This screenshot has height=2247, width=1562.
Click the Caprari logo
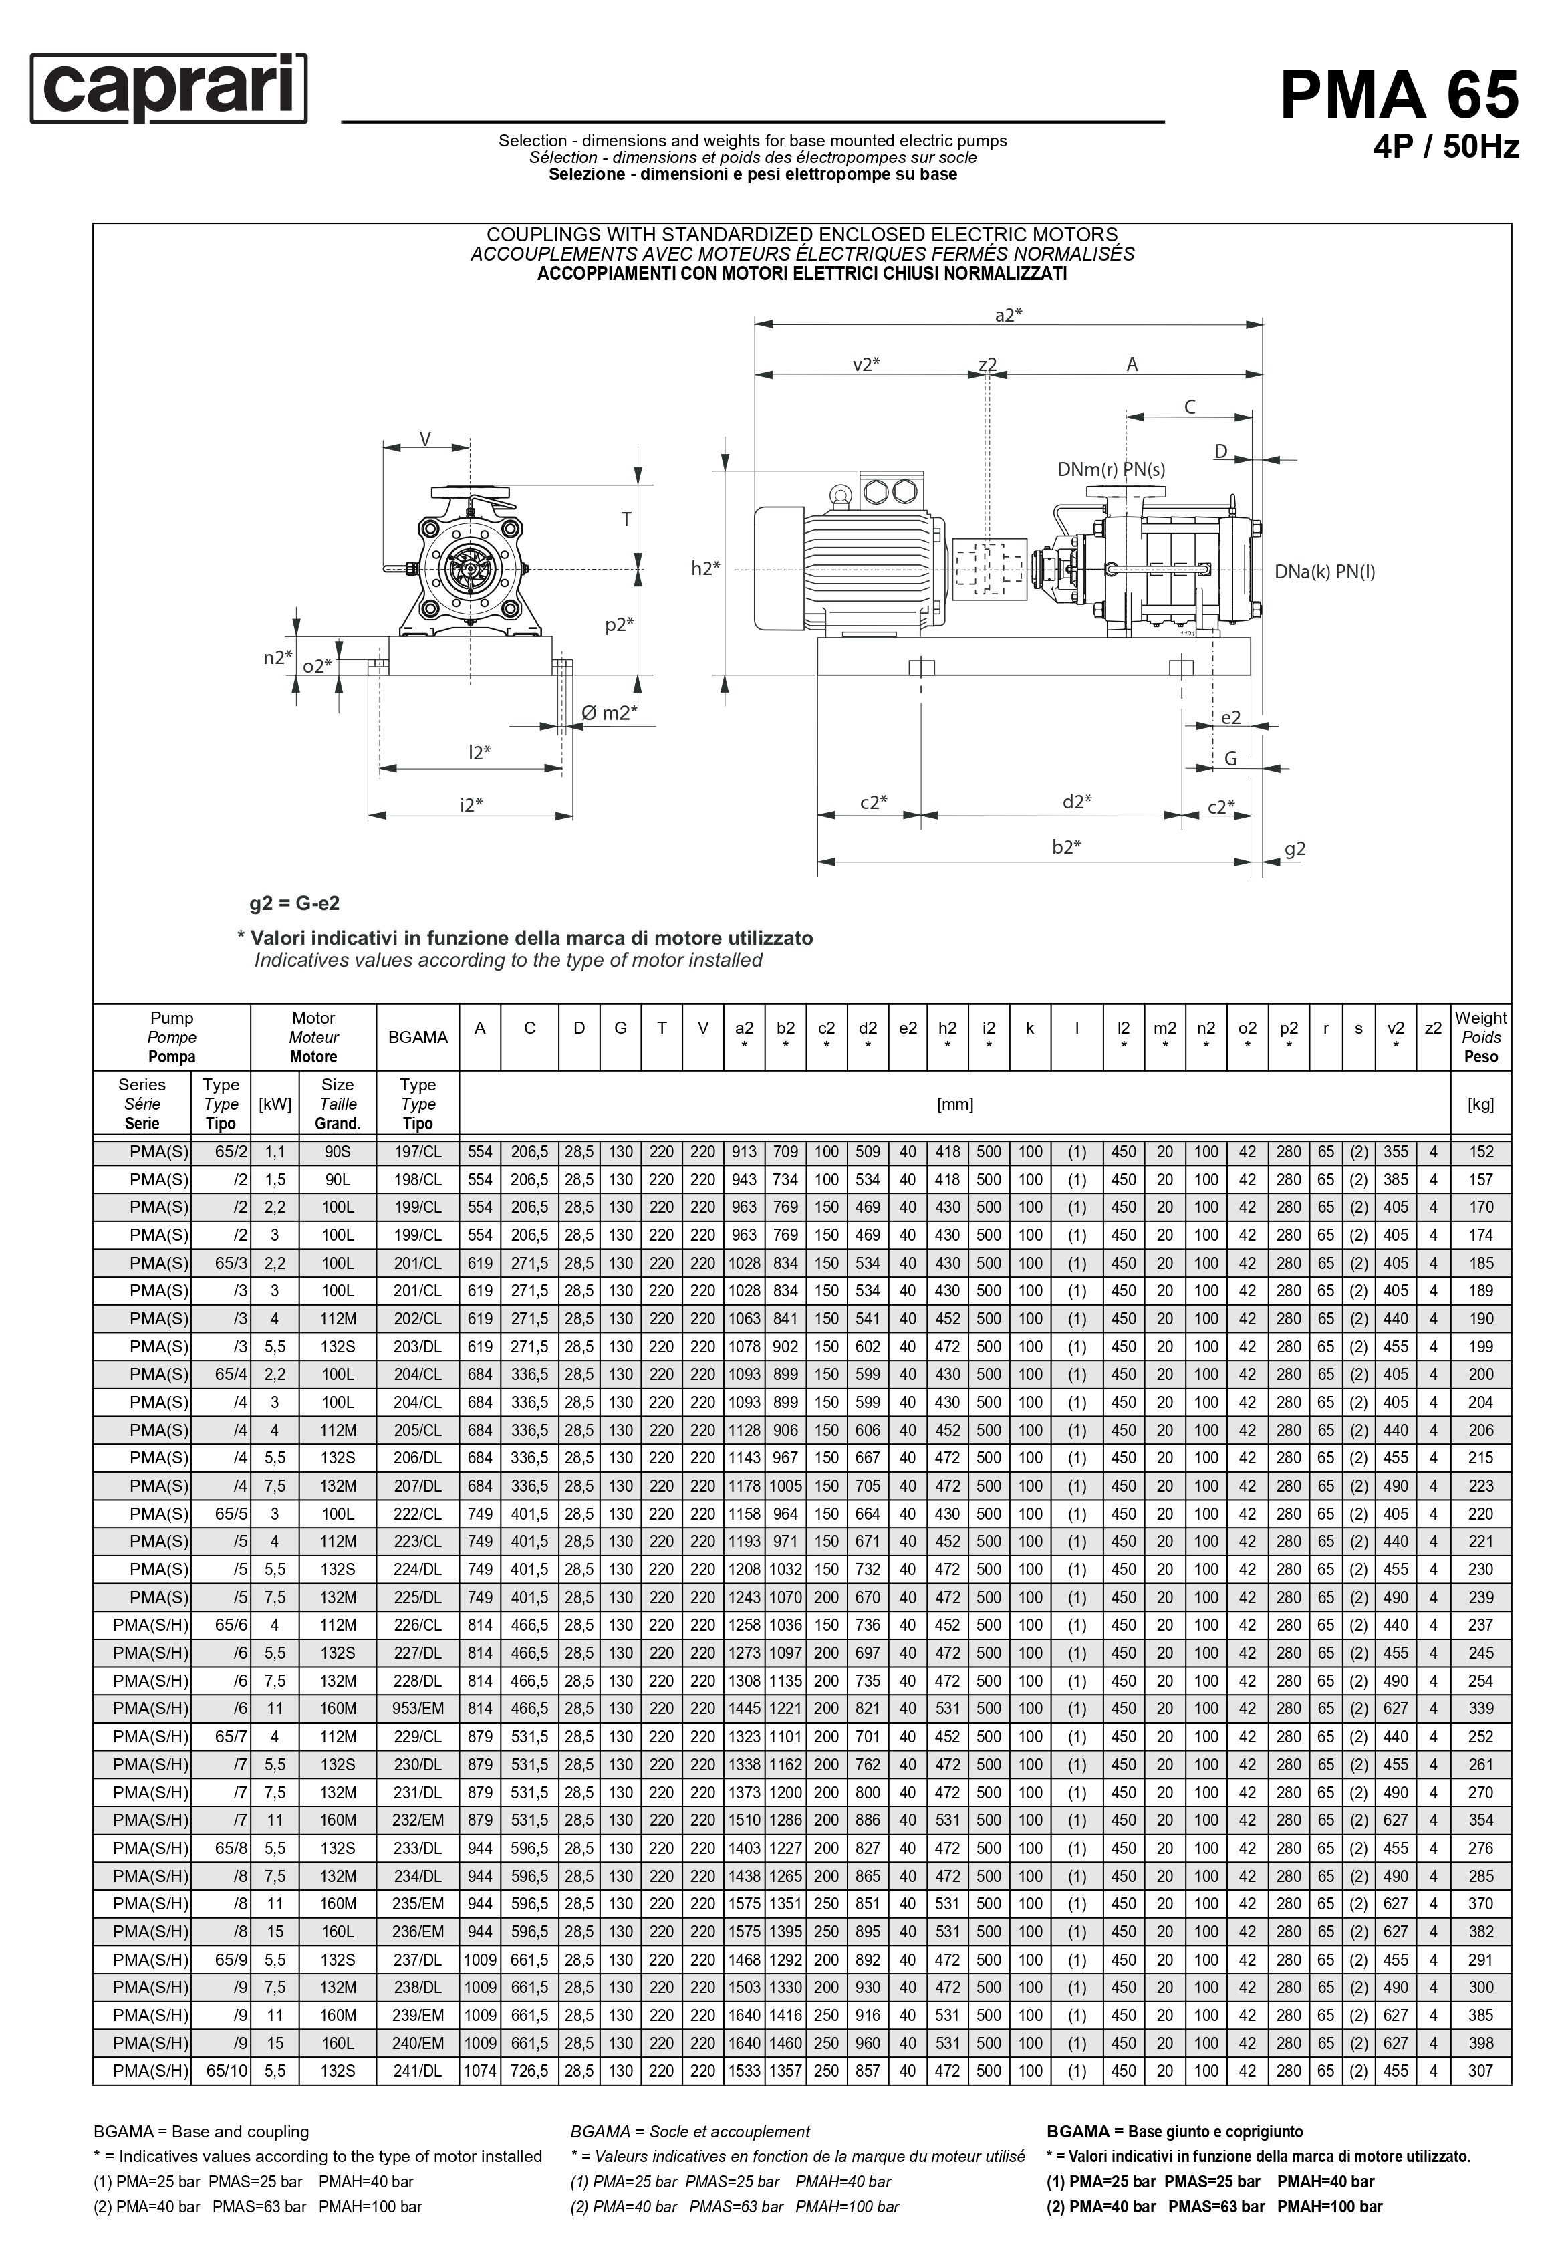[x=168, y=89]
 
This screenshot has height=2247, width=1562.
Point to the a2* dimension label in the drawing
[x=1008, y=314]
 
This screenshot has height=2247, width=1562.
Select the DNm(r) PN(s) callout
[x=1111, y=470]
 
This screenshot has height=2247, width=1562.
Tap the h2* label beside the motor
[x=704, y=568]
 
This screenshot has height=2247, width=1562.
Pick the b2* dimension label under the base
[x=1066, y=846]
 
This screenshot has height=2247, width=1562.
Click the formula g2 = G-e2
[x=295, y=903]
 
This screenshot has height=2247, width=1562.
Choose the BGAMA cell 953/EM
[x=418, y=1709]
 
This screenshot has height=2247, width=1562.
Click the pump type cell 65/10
[x=227, y=2072]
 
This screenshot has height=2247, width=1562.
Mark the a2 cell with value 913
[x=744, y=1152]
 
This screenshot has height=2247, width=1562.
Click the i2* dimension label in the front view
[x=473, y=804]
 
